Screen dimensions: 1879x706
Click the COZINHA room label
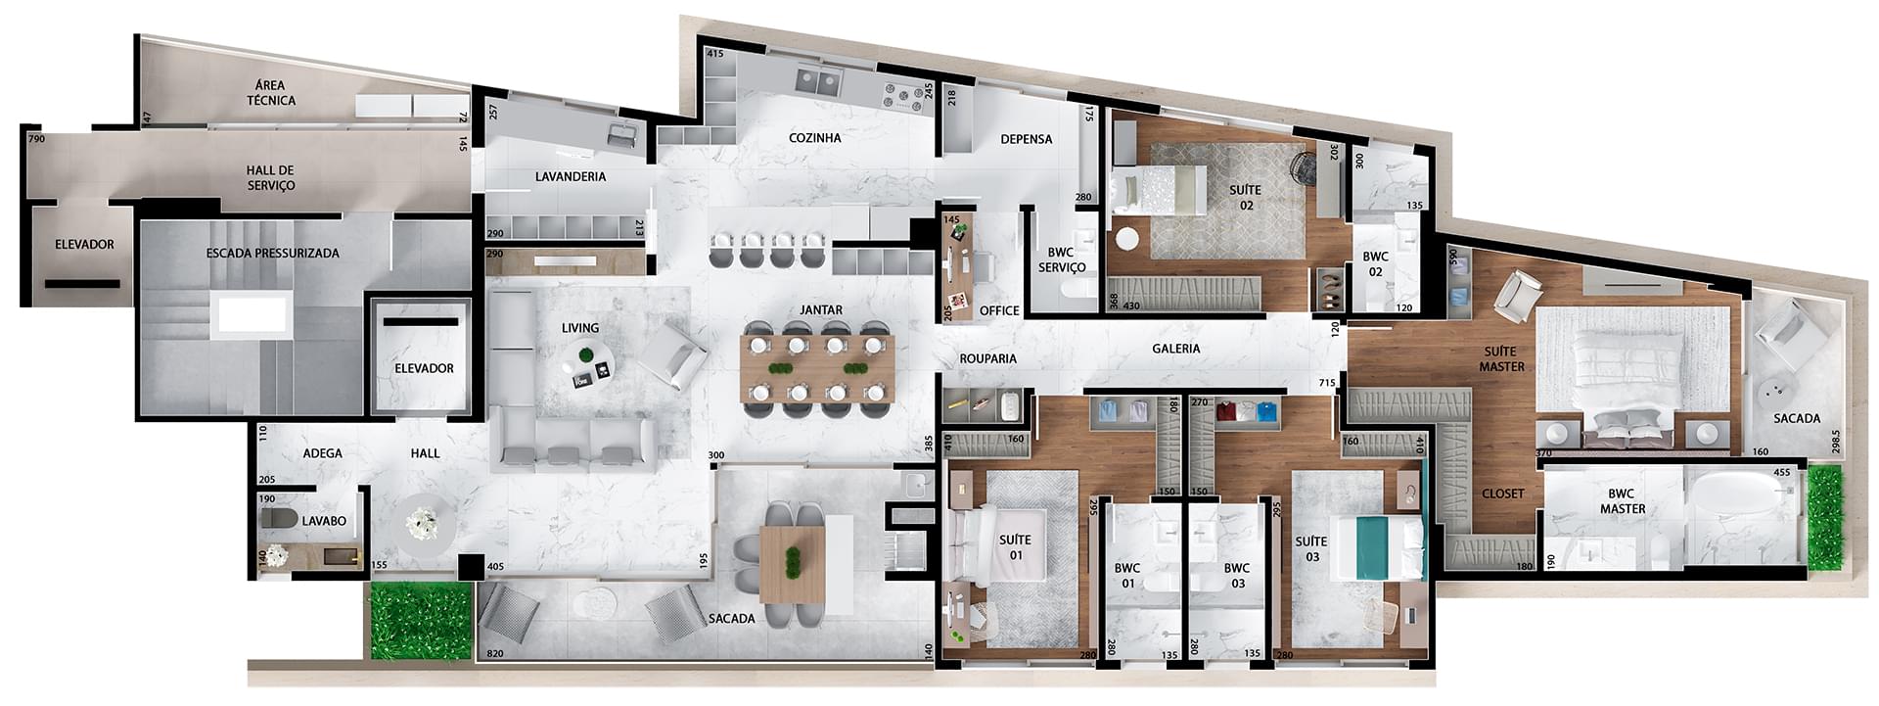[815, 138]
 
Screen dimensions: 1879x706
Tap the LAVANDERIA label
[571, 177]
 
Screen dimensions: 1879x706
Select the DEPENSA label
[1027, 139]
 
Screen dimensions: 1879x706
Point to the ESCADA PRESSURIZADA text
[273, 253]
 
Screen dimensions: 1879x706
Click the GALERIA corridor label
[1175, 349]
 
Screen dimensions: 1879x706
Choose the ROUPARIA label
[988, 358]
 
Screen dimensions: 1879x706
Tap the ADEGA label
[323, 453]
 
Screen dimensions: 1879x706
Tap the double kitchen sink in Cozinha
[818, 79]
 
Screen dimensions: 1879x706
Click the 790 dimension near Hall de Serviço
[36, 140]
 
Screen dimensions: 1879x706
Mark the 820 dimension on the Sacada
[494, 653]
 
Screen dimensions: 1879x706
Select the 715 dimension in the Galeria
[1327, 383]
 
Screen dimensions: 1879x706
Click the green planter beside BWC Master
[1824, 519]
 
